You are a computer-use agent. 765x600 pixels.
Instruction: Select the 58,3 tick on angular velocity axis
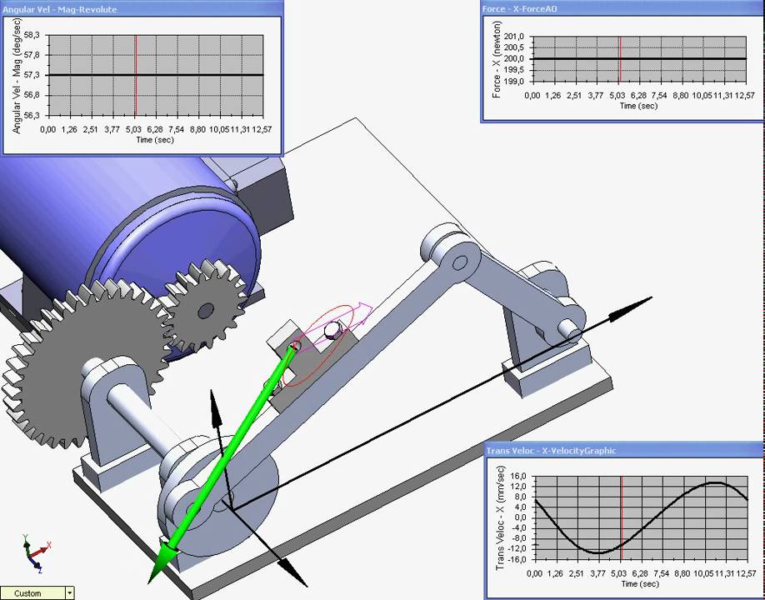coord(34,35)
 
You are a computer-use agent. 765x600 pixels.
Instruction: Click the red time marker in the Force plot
coord(620,59)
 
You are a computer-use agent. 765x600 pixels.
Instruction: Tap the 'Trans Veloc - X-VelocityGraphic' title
coord(551,451)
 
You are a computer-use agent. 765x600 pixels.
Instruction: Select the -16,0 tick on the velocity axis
coord(517,559)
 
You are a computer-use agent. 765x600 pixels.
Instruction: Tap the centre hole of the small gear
coord(203,312)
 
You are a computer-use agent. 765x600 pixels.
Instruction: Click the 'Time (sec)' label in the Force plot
coord(638,106)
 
